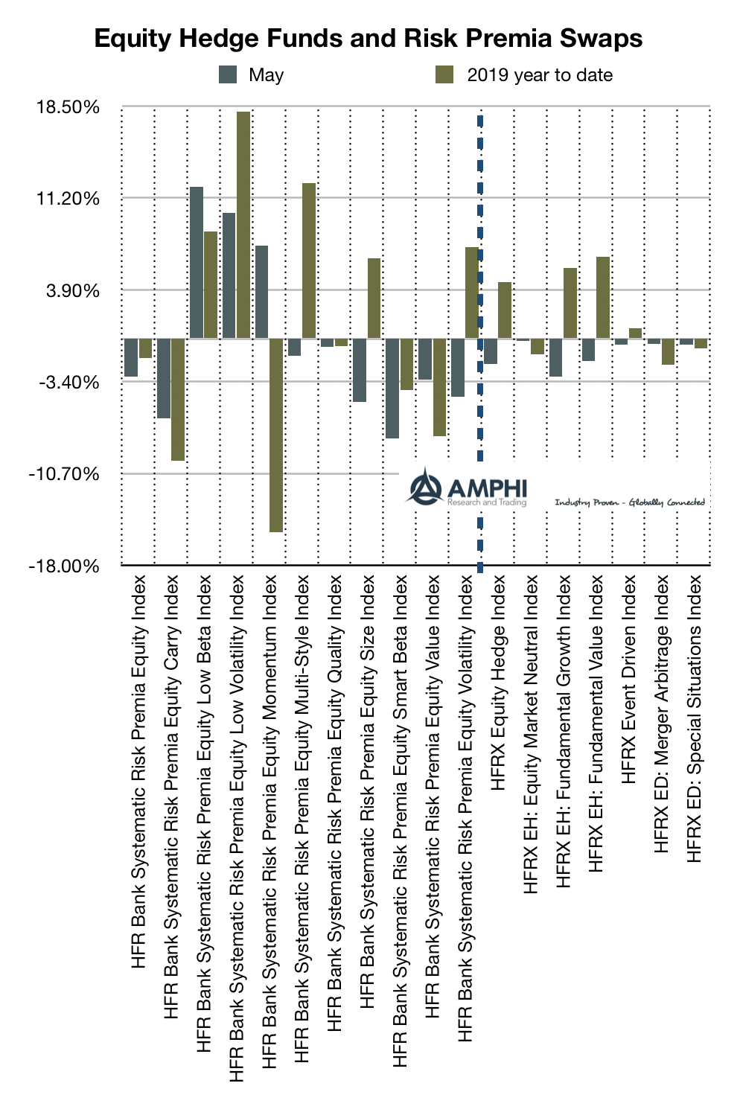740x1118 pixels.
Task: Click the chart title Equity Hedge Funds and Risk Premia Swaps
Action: [369, 39]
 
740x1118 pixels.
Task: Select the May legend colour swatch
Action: [228, 74]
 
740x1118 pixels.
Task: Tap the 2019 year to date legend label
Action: [540, 75]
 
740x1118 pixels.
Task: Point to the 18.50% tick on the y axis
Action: [68, 107]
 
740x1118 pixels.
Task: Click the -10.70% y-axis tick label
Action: [64, 474]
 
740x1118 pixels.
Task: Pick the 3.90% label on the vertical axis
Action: [73, 291]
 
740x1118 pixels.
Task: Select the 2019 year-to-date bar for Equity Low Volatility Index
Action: [243, 225]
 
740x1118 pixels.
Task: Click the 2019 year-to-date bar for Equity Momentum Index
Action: [276, 435]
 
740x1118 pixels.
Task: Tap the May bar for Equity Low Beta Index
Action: [197, 262]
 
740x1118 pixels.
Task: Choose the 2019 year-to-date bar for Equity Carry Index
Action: [178, 400]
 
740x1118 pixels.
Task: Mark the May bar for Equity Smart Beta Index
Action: [392, 388]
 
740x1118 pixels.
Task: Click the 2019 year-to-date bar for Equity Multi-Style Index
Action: [308, 261]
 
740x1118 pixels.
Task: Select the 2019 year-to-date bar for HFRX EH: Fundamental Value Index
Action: [603, 297]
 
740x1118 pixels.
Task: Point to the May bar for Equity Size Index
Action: [360, 370]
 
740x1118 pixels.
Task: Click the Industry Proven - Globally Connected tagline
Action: [629, 502]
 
